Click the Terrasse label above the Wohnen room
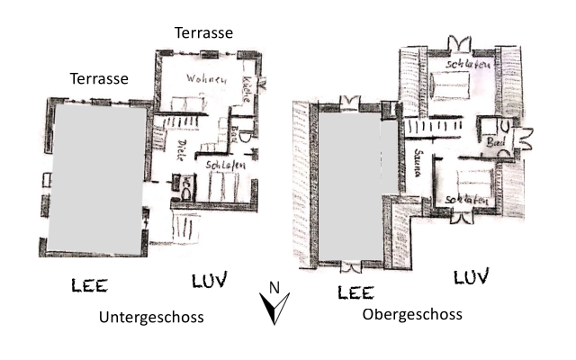tap(203, 32)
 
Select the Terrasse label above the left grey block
tap(99, 78)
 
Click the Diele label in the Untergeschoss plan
tap(180, 149)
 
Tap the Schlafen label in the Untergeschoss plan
tap(220, 166)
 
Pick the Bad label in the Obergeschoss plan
tap(495, 143)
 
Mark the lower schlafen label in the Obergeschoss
tap(464, 199)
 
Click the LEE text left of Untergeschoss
tap(90, 286)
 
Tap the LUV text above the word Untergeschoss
tap(210, 280)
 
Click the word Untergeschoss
tap(151, 317)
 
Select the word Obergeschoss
tap(412, 314)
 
